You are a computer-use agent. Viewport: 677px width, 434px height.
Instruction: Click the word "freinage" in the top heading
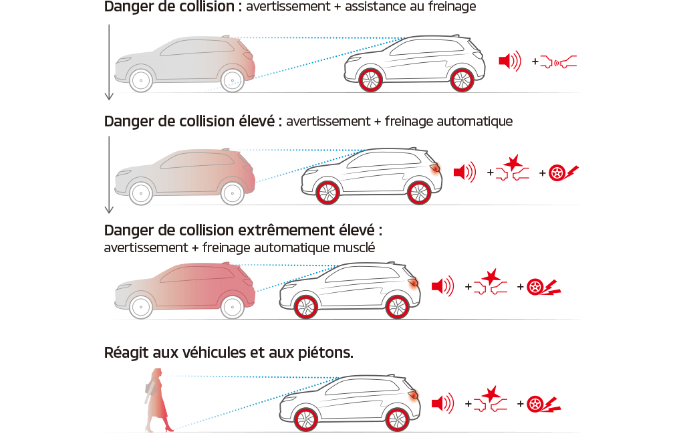[452, 6]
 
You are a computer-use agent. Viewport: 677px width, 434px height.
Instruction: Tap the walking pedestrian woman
[158, 399]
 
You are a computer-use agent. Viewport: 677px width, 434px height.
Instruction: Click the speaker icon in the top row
[510, 61]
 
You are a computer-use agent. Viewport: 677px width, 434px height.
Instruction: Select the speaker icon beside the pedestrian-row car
[443, 403]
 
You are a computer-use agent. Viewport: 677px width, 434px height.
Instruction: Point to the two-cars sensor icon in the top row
[558, 62]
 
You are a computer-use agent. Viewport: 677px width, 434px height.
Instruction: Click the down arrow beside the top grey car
[109, 62]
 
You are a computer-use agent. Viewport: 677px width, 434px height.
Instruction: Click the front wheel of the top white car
[370, 80]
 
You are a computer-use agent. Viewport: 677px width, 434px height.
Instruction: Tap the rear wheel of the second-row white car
[419, 193]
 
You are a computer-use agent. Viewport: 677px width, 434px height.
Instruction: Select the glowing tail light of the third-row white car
[413, 282]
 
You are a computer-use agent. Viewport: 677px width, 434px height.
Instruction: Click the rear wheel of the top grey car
[233, 80]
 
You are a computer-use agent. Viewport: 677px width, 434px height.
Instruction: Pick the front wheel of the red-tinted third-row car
[141, 307]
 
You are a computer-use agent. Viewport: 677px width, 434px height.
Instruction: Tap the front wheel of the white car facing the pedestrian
[305, 419]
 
